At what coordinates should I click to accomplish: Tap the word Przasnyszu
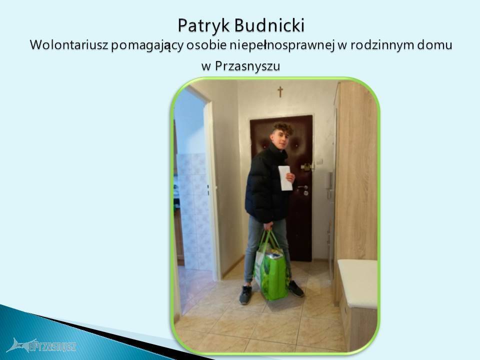tap(247, 66)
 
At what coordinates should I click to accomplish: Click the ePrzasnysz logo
tap(41, 345)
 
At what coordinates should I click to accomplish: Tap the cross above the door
tap(280, 91)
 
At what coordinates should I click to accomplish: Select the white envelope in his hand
tap(285, 178)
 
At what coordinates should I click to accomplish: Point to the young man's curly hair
tap(283, 127)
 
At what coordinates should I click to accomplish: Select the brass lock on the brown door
tap(306, 167)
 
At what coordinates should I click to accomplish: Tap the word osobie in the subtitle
tap(206, 44)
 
